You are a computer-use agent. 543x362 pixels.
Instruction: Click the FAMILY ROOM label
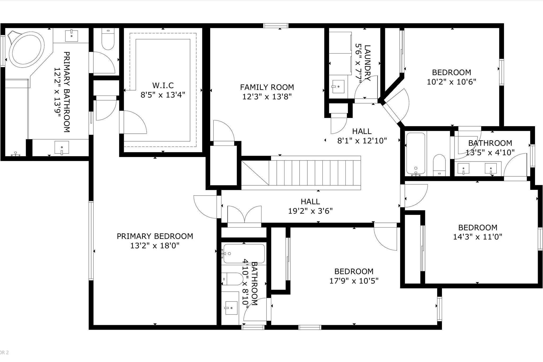pos(267,87)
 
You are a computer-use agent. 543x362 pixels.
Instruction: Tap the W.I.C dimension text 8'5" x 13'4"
pos(163,95)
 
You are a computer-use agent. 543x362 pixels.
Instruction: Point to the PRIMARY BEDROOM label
pos(155,236)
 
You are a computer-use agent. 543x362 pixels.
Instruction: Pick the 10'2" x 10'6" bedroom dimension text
pos(451,82)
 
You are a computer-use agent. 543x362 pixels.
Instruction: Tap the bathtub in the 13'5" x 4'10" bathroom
pos(415,154)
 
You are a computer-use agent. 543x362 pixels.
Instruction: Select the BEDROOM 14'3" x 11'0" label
pos(478,228)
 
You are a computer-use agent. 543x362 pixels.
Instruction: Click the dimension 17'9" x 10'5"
pos(354,281)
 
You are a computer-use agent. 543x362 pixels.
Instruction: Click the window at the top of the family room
pos(276,26)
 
